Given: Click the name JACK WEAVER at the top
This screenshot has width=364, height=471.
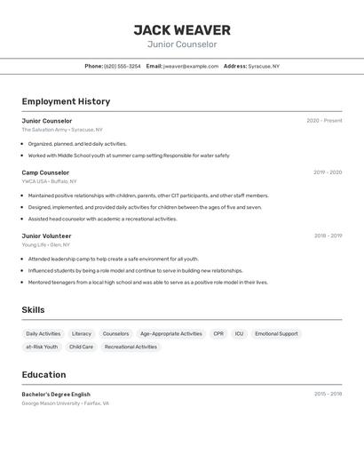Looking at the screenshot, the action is [x=182, y=30].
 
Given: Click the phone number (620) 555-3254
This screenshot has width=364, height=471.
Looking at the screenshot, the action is [x=123, y=67].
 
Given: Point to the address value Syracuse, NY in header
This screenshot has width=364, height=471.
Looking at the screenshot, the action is [x=264, y=67].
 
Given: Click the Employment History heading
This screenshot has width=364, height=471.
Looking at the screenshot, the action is [x=66, y=102].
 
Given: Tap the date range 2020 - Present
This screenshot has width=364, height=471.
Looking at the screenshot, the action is [x=324, y=121].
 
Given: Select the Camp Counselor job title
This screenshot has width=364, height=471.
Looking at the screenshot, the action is [x=45, y=172].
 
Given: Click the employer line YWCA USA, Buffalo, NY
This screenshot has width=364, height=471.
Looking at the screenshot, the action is [x=50, y=181].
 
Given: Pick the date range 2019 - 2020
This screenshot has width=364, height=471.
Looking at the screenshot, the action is [x=328, y=172].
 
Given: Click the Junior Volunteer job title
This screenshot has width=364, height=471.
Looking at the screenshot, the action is [x=47, y=236].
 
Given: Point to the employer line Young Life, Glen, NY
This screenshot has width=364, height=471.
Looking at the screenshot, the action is [x=46, y=245].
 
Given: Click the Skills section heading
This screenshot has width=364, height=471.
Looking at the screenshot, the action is [x=34, y=310].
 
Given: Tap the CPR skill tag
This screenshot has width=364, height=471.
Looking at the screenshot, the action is [x=218, y=334].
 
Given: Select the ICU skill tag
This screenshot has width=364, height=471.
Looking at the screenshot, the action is [x=240, y=334].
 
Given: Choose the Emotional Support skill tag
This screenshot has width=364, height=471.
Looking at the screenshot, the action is [x=276, y=334].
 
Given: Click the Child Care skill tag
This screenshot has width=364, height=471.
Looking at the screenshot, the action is [x=82, y=347].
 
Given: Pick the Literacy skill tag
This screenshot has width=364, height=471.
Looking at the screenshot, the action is [x=82, y=334].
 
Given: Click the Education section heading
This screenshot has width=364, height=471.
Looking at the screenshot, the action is [x=44, y=375].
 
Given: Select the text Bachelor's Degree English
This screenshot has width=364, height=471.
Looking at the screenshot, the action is [x=56, y=395].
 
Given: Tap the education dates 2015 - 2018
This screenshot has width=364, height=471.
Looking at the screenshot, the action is [x=328, y=394].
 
